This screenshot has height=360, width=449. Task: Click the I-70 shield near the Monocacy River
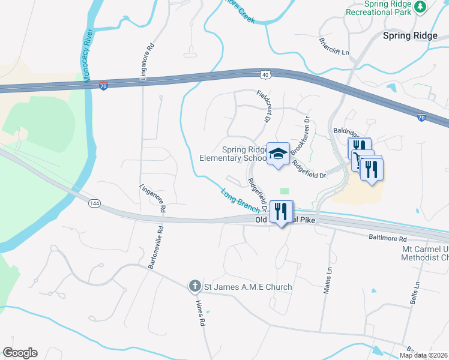pyautogui.click(x=103, y=86)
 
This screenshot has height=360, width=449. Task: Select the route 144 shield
pyautogui.click(x=94, y=204)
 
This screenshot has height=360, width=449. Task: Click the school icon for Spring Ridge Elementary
pyautogui.click(x=278, y=154)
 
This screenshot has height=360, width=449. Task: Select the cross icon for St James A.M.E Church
pyautogui.click(x=194, y=287)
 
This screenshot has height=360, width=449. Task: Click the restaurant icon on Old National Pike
pyautogui.click(x=280, y=211)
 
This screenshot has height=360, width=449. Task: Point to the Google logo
pyautogui.click(x=20, y=353)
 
